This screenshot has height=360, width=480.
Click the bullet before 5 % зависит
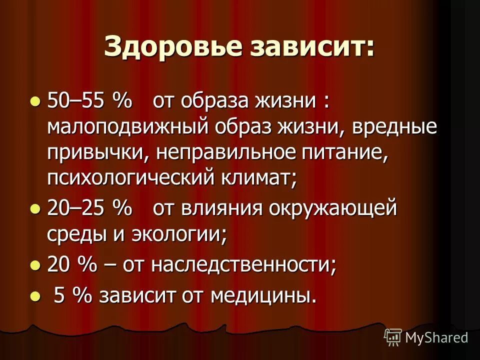pos(34,296)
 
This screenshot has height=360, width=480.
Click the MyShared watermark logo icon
pos(393,336)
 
